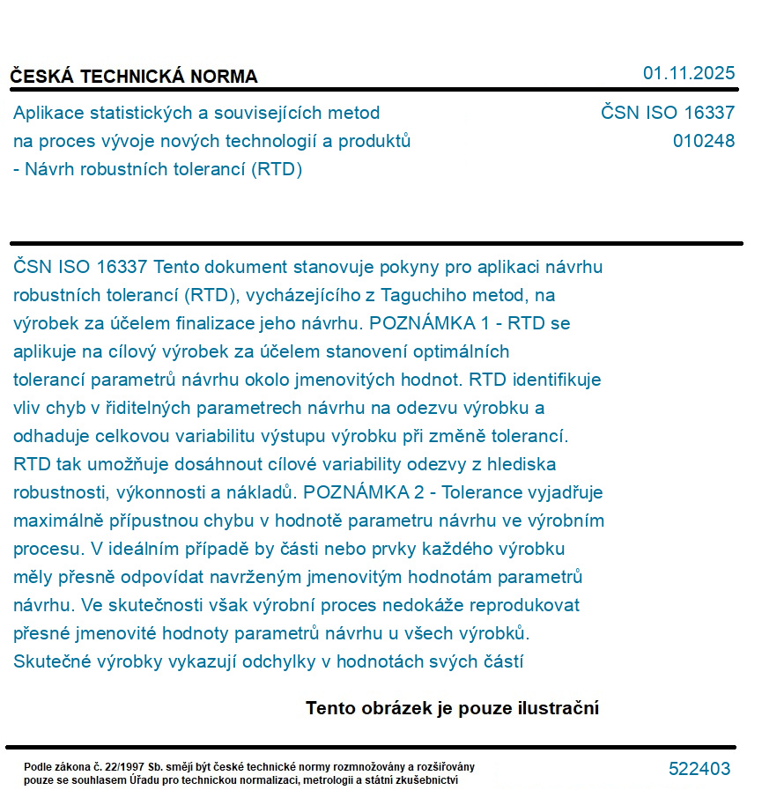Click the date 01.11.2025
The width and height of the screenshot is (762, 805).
[x=688, y=73]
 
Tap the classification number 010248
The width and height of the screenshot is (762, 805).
[x=703, y=141]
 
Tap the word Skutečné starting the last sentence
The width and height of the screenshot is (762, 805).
[x=50, y=661]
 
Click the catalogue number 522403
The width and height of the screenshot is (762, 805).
[x=699, y=769]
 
